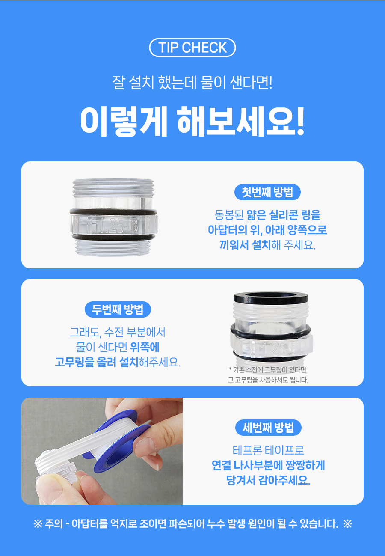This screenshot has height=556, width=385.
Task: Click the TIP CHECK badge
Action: (x=192, y=48)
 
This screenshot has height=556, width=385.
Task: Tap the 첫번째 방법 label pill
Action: (x=267, y=192)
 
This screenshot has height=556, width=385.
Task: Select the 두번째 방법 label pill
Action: (x=118, y=309)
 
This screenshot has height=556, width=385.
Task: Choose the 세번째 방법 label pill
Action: (x=268, y=428)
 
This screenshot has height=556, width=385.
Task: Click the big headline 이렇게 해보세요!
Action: (x=192, y=122)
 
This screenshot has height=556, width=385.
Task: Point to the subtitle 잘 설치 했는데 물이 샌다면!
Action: (x=192, y=83)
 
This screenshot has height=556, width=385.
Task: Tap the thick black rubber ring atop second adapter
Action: (x=271, y=297)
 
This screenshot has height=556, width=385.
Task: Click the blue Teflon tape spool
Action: (x=117, y=444)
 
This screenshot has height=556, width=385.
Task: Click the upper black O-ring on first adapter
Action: (x=113, y=212)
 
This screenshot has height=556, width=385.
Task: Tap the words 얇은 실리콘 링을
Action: (x=283, y=215)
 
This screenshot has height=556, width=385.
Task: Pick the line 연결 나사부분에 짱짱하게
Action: (x=268, y=465)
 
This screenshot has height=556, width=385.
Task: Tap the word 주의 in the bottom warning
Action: (x=54, y=524)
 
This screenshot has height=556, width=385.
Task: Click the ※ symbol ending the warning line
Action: (x=347, y=524)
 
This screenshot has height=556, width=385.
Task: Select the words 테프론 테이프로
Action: (x=268, y=450)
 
